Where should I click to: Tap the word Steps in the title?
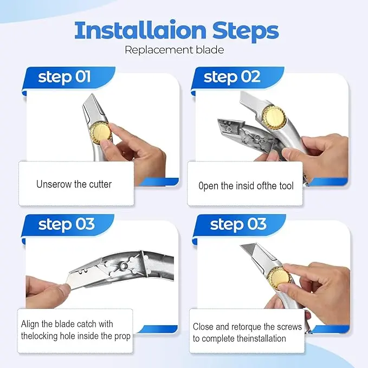pyautogui.click(x=246, y=31)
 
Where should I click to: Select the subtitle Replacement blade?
pyautogui.click(x=175, y=50)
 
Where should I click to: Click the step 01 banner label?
pyautogui.click(x=64, y=77)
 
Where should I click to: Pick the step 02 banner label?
pyautogui.click(x=232, y=77)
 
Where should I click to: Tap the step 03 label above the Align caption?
pyautogui.click(x=67, y=224)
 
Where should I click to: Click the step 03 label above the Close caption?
pyautogui.click(x=238, y=224)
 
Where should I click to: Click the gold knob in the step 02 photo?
pyautogui.click(x=274, y=117)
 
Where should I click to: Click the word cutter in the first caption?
pyautogui.click(x=100, y=184)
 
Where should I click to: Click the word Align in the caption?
pyautogui.click(x=30, y=324)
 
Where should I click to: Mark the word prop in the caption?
pyautogui.click(x=122, y=337)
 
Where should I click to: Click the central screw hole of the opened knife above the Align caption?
pyautogui.click(x=125, y=266)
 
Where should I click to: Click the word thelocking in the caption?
pyautogui.click(x=40, y=337)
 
